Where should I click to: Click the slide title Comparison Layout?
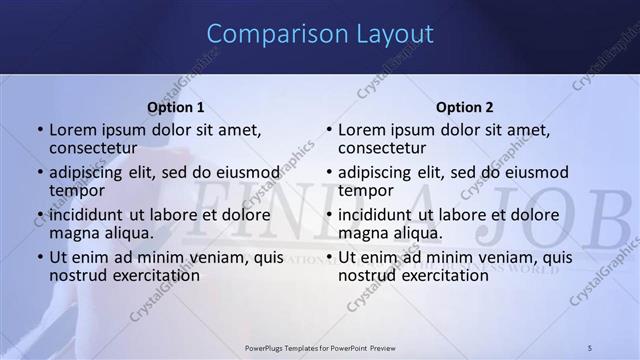point(320,34)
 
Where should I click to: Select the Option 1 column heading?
point(176,107)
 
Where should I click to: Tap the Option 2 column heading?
point(465,107)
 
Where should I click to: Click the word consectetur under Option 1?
point(93,148)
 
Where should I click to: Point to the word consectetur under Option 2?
point(382,148)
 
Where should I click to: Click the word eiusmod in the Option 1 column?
point(249,172)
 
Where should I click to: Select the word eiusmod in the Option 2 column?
point(537,172)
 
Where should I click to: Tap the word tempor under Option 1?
point(77,190)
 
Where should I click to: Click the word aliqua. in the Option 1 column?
point(128,233)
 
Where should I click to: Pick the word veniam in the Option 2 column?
point(476,257)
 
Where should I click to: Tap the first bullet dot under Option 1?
point(40,130)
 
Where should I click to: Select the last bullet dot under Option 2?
point(329,258)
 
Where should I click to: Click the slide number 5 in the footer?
point(590,347)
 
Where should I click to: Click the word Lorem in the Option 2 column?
point(361,130)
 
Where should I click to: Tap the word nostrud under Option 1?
point(77,275)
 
